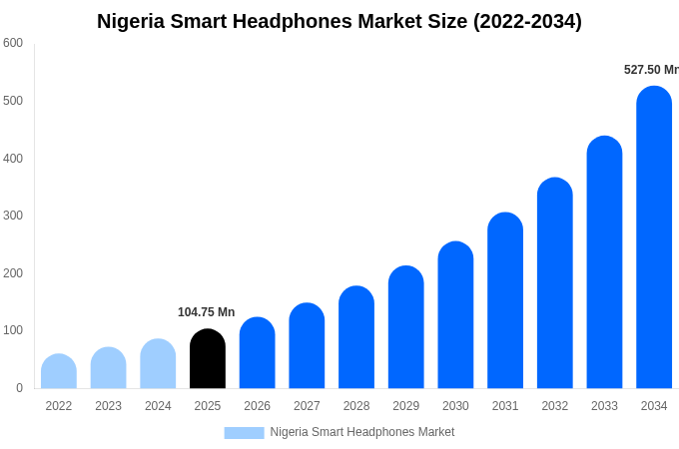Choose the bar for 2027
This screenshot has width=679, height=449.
point(307,346)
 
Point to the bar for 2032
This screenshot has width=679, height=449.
point(555,283)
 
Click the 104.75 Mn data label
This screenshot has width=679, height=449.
point(207,312)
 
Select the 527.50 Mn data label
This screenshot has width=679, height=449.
point(651,70)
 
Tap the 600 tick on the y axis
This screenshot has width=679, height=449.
point(13,43)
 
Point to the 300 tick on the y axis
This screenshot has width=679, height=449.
point(13,216)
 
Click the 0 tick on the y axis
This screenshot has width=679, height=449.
point(19,388)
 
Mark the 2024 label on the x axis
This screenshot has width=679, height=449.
point(158,406)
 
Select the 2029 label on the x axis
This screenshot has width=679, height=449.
point(406,406)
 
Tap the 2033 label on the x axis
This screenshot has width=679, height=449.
point(604,406)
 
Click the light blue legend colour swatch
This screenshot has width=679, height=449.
point(244,433)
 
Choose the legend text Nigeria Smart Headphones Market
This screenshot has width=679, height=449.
point(361,432)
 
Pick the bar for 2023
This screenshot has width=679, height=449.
point(108,368)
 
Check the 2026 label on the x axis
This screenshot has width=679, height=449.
point(257,406)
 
